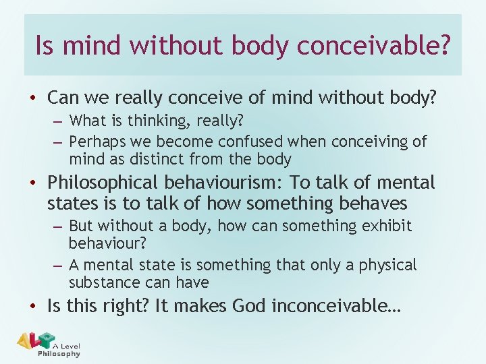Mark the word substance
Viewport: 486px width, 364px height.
click(x=101, y=282)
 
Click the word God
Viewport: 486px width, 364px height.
click(x=249, y=307)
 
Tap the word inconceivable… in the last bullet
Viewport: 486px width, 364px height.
click(x=336, y=307)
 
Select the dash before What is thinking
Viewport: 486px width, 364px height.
click(x=59, y=122)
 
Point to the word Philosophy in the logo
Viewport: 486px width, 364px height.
click(x=59, y=353)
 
